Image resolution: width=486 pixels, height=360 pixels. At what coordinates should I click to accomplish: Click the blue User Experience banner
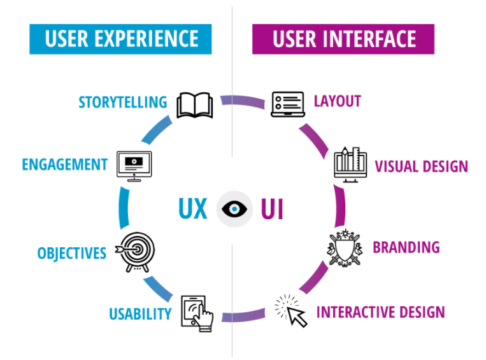coord(120,39)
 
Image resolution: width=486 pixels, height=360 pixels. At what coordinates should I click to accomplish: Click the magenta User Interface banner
coord(343,39)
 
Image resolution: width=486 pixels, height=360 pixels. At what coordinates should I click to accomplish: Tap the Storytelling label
coord(123,103)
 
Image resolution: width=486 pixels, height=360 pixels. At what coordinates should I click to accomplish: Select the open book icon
coord(195,104)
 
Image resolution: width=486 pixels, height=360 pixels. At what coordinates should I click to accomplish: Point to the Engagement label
coord(65,164)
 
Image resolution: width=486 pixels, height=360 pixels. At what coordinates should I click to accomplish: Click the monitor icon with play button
coord(134,166)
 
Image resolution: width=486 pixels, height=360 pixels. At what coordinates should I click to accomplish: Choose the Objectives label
coord(72,254)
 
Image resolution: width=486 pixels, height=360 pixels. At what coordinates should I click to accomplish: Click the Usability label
coord(140,313)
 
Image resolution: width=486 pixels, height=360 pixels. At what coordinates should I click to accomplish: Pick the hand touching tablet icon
coord(197,313)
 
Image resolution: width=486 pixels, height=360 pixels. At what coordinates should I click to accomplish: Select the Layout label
coord(338,101)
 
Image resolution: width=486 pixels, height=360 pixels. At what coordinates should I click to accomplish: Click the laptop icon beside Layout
coord(288,104)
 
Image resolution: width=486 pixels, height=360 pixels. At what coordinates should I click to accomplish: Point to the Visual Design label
coord(422,166)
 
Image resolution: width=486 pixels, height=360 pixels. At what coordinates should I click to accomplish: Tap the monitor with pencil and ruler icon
coord(350,164)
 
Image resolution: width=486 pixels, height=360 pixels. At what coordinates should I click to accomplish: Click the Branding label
coord(406,247)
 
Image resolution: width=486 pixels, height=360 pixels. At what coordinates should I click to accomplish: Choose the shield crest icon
coord(345,248)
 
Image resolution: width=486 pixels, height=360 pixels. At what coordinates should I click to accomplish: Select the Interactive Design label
coord(381,312)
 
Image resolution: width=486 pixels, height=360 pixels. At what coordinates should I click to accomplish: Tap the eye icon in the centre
coord(234,209)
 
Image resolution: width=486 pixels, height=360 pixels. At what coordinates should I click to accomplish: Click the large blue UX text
coord(193,209)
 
